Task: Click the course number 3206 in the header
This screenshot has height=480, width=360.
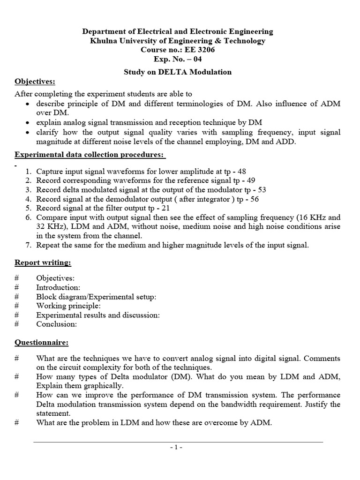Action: coord(205,50)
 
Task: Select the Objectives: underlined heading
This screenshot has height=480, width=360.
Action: coord(34,82)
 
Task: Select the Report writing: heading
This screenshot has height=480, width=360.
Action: coord(43,262)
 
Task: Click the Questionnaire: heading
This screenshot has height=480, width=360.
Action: coord(41,343)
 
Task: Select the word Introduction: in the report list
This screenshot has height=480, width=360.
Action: coord(58,287)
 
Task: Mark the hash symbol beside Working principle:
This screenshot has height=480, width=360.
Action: coord(16,306)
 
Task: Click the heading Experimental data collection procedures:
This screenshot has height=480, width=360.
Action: coord(90,155)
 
